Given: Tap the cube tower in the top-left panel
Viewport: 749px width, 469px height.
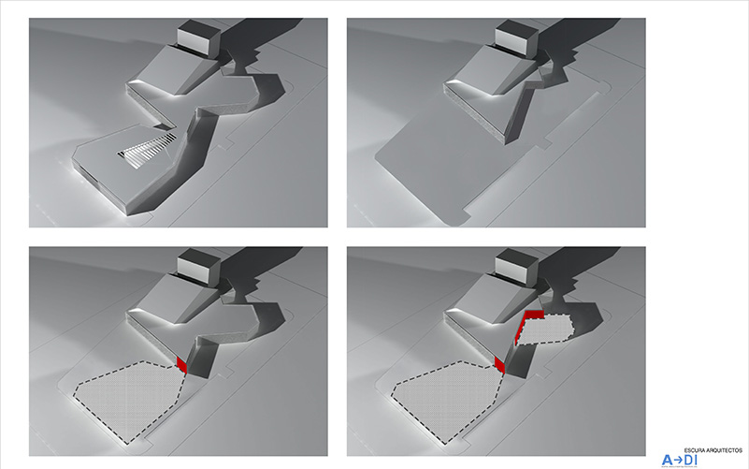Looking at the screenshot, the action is pyautogui.click(x=198, y=37).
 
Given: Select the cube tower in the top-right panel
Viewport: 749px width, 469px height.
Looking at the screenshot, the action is pyautogui.click(x=516, y=37).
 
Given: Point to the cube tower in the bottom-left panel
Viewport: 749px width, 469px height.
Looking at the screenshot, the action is pyautogui.click(x=198, y=266).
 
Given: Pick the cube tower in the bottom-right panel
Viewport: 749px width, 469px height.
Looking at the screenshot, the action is pyautogui.click(x=516, y=266).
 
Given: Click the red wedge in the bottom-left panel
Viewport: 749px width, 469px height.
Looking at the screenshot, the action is pyautogui.click(x=181, y=364).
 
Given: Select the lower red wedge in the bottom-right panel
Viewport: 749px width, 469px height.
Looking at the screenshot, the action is pyautogui.click(x=499, y=365).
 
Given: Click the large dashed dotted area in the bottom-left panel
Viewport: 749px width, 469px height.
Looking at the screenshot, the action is pyautogui.click(x=129, y=398).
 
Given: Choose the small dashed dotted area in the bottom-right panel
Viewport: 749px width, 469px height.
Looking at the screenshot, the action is pyautogui.click(x=545, y=330).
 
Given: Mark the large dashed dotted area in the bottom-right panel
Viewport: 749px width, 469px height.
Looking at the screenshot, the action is pyautogui.click(x=447, y=398).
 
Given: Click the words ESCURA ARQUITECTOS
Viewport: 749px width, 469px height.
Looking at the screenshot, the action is pyautogui.click(x=713, y=450).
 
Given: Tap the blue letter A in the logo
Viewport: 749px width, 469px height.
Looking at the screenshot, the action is pyautogui.click(x=667, y=461).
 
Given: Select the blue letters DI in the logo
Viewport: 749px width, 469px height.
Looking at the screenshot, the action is pyautogui.click(x=691, y=461).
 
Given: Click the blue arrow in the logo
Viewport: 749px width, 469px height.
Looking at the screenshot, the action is pyautogui.click(x=678, y=461).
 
